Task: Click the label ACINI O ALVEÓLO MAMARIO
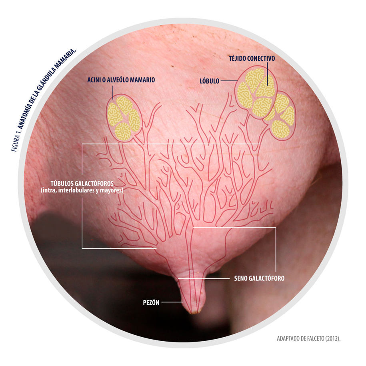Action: coord(121,80)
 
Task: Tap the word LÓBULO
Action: coord(209,81)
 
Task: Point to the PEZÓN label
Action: coord(151,303)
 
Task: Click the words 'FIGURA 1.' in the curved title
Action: coord(16,142)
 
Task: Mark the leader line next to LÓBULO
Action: coord(229,81)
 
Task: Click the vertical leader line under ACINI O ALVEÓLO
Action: coord(113,92)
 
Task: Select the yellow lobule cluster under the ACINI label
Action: coord(123,118)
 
